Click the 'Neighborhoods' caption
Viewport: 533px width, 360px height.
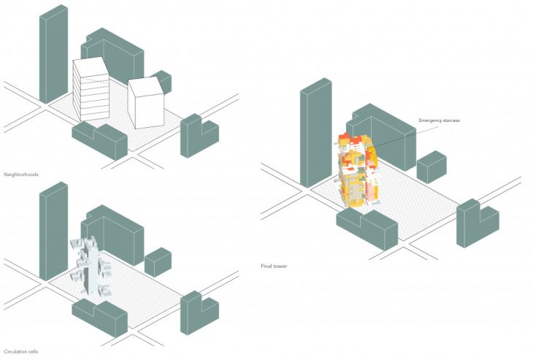click(x=20, y=175)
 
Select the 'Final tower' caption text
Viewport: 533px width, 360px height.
click(x=274, y=266)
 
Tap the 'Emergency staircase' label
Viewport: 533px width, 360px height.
click(x=439, y=120)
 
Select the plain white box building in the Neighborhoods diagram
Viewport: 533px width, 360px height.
click(x=146, y=102)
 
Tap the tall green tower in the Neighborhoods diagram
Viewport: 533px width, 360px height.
click(x=53, y=55)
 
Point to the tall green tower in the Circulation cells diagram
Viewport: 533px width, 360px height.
click(x=53, y=230)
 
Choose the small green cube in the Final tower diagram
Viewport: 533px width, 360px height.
click(x=431, y=166)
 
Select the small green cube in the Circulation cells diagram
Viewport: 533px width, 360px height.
click(x=158, y=262)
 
